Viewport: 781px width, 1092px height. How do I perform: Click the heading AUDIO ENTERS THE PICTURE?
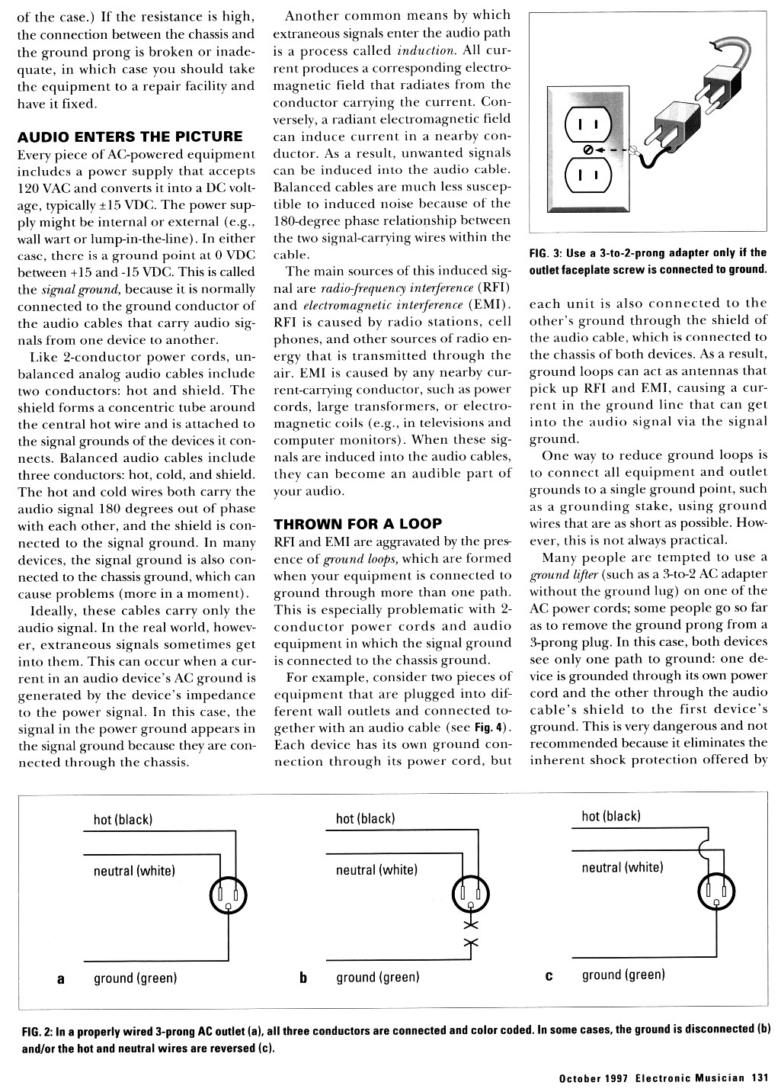coord(130,137)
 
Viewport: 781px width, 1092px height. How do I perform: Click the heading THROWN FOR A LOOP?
coord(357,525)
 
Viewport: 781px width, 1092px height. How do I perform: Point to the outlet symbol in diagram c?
coord(716,892)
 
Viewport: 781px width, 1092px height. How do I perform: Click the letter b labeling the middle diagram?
coord(303,978)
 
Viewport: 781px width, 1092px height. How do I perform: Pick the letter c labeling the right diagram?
coord(549,976)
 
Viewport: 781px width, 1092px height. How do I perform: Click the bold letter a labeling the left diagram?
coord(61,978)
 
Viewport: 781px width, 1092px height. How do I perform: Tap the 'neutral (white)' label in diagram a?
coord(134,871)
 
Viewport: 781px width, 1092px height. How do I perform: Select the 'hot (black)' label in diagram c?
coord(611,817)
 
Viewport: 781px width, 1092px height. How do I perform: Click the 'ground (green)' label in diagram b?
coord(378,978)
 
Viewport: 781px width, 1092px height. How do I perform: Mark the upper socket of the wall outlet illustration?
coord(587,124)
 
